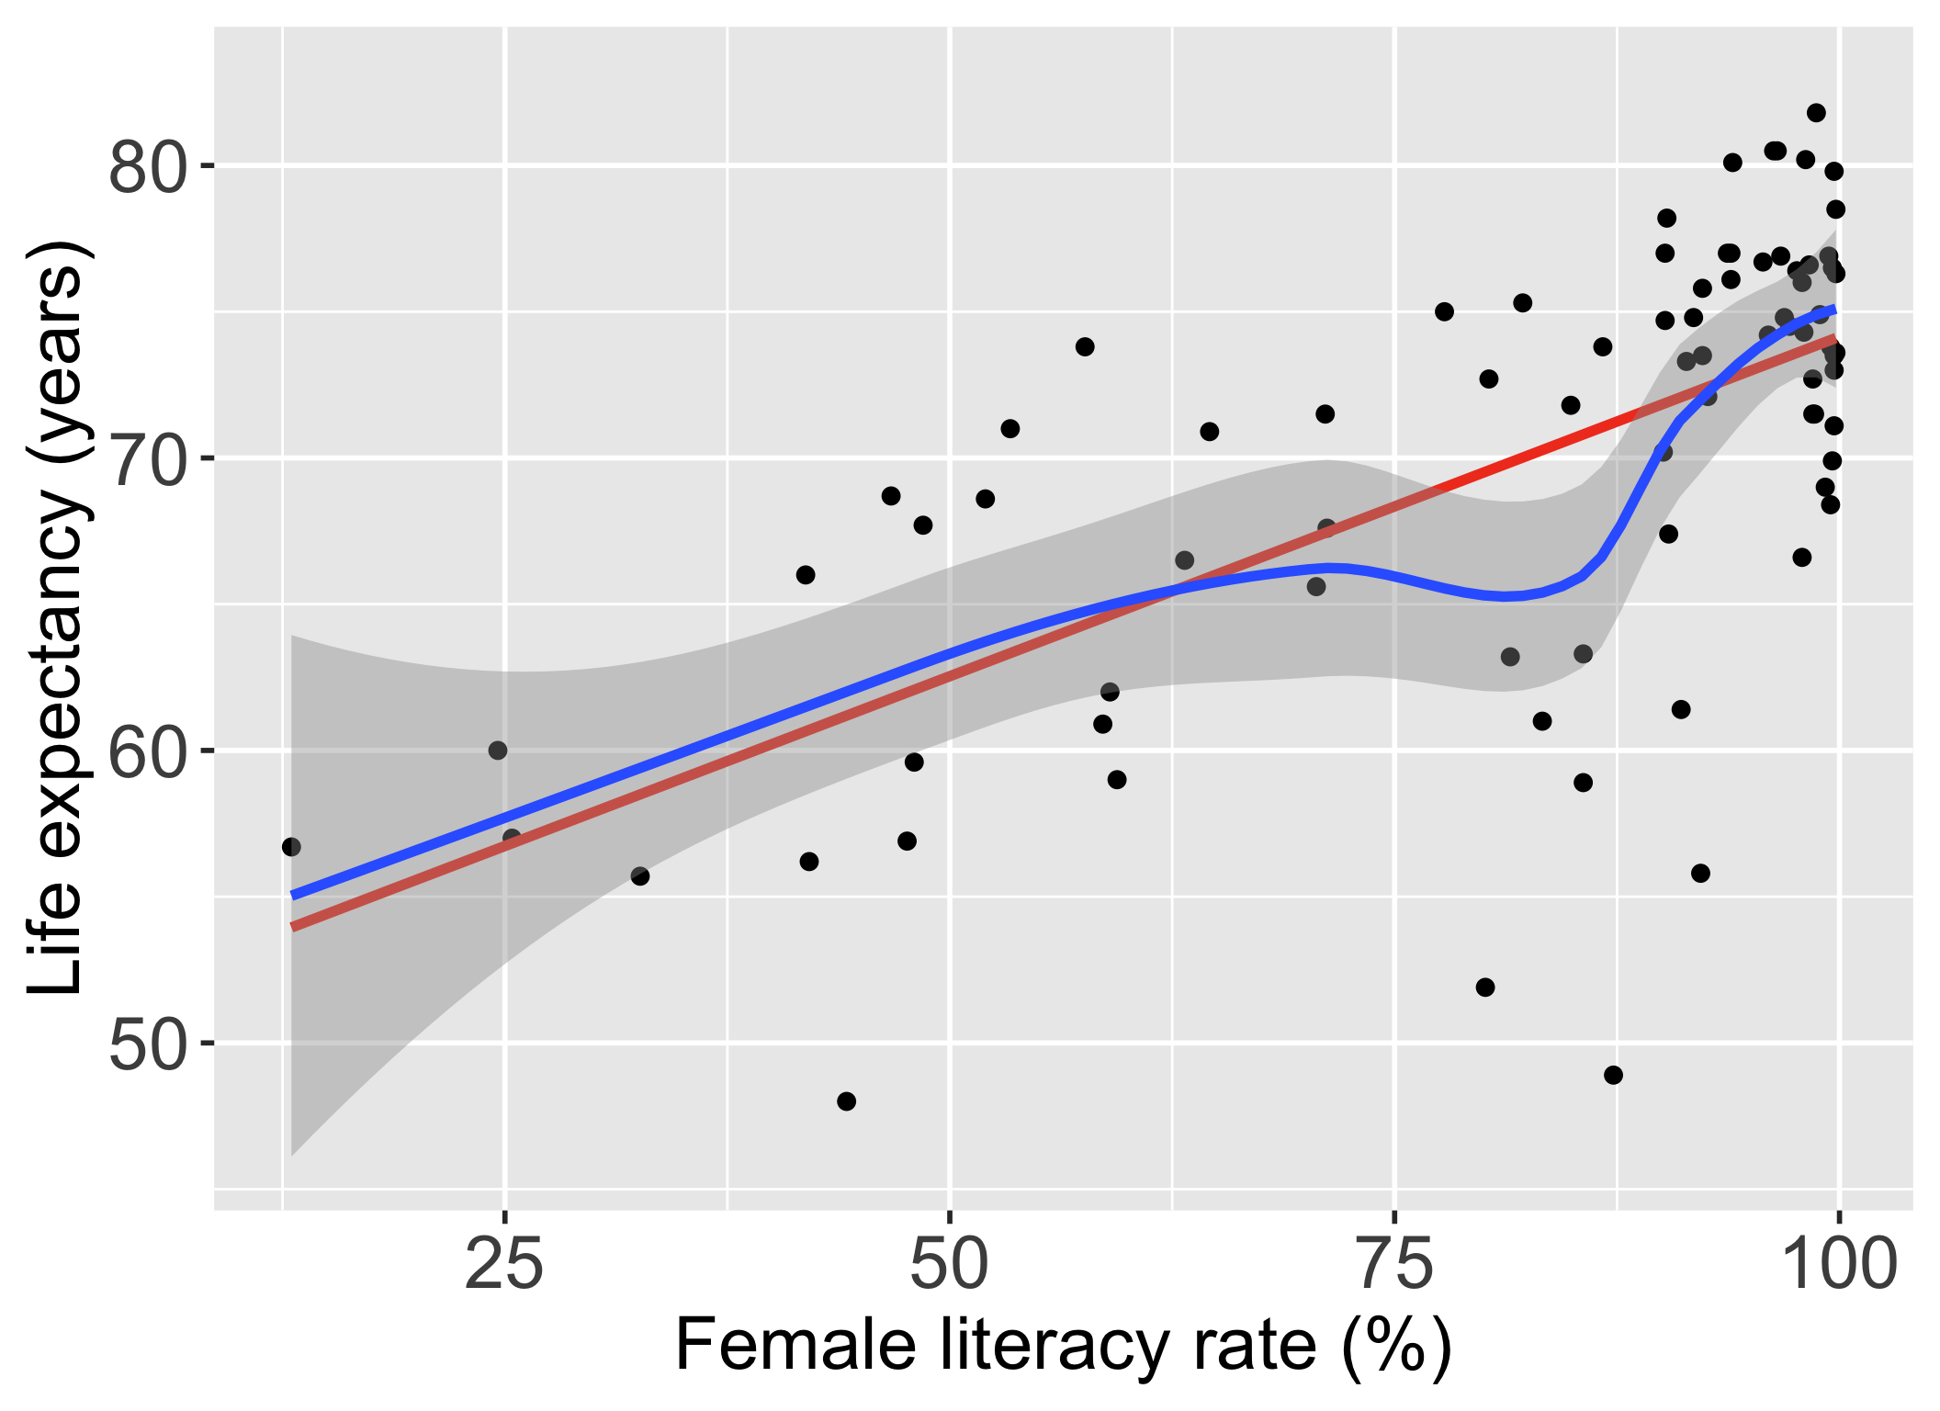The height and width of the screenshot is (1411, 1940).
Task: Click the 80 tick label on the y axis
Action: click(x=147, y=166)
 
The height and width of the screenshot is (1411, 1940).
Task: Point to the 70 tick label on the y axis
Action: click(x=147, y=458)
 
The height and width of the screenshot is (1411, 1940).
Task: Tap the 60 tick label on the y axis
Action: click(x=147, y=751)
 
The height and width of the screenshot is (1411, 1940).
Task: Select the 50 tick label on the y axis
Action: click(x=147, y=1044)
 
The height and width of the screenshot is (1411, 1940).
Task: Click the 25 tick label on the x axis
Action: click(x=504, y=1265)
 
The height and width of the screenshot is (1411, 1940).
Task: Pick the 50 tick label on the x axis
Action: click(x=950, y=1265)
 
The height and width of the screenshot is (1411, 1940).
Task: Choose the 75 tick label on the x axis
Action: click(x=1395, y=1265)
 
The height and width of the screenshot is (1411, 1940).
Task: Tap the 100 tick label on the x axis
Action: click(x=1838, y=1265)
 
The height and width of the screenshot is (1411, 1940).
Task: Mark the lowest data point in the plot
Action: click(x=847, y=1101)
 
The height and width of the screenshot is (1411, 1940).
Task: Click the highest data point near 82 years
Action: click(x=1816, y=113)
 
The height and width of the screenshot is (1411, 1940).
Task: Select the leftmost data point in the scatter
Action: click(x=291, y=847)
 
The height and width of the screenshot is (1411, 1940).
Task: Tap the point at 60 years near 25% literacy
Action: click(x=498, y=751)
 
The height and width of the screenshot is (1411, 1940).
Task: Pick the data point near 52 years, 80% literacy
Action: click(x=1485, y=988)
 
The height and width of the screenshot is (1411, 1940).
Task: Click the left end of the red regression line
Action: click(x=293, y=927)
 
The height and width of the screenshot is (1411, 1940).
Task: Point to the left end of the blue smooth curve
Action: click(x=293, y=895)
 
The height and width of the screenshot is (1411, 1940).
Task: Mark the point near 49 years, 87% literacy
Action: click(x=1614, y=1075)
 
